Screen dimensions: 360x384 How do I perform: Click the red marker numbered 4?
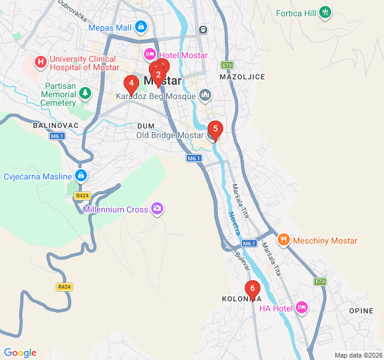131,83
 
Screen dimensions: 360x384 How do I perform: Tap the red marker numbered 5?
215,128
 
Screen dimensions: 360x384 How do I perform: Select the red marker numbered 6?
253,289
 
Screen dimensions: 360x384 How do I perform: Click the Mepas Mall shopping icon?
140,26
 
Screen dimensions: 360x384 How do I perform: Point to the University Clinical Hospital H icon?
40,61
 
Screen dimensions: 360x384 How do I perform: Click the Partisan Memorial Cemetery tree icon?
85,93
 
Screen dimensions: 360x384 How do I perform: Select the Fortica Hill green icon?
325,11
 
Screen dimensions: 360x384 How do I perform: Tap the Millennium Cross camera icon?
157,209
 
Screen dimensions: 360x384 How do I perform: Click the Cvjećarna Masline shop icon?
80,176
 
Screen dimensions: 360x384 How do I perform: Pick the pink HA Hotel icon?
302,308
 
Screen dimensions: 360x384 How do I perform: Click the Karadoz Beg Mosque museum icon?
206,95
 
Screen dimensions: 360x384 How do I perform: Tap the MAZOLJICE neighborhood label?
242,77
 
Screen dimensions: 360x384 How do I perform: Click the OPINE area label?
361,310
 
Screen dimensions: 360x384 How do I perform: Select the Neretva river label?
235,223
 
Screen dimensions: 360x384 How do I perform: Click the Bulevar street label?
242,260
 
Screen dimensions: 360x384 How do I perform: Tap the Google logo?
20,353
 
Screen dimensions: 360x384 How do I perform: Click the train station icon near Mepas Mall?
203,28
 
